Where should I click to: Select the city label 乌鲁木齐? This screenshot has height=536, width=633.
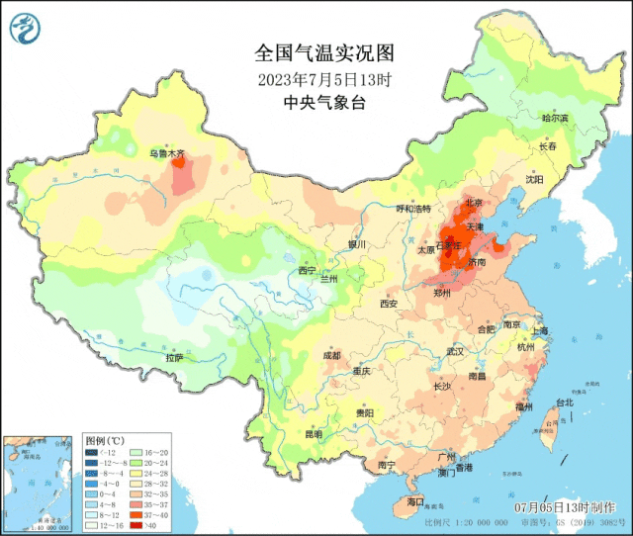pos(167,153)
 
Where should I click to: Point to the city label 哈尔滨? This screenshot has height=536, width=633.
pos(555,118)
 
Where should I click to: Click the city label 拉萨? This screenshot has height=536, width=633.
pos(175,358)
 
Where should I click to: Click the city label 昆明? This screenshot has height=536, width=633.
pos(314,434)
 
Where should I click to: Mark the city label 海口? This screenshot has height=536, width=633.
pos(414,502)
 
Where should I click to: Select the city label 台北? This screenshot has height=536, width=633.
pos(564,403)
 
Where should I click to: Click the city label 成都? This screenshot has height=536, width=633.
pos(330,356)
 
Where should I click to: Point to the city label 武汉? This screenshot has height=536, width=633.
pos(455,351)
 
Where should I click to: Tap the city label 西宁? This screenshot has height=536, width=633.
pos(307,270)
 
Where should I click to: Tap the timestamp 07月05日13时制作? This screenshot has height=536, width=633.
pos(561,506)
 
